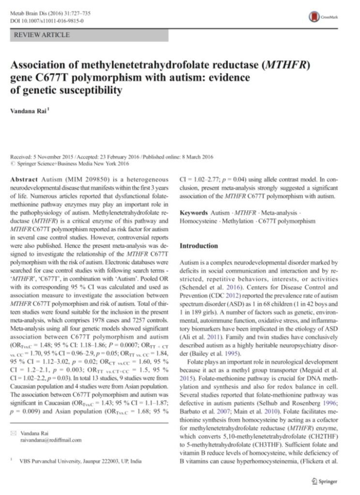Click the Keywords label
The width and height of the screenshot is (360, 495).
pyautogui.click(x=195, y=213)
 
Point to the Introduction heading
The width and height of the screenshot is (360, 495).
pyautogui.click(x=198, y=246)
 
